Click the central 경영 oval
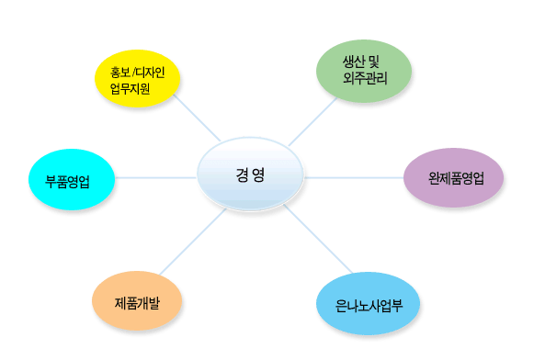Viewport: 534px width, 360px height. click(x=250, y=174)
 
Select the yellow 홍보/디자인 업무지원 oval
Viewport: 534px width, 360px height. click(x=137, y=79)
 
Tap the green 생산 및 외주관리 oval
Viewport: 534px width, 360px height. click(x=364, y=71)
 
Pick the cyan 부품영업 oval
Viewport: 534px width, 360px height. click(x=72, y=179)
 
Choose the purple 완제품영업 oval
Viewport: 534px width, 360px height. click(x=453, y=177)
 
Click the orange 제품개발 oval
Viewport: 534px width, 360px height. click(x=137, y=300)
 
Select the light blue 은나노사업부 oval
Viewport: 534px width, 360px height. click(x=368, y=303)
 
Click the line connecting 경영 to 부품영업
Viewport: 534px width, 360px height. click(x=156, y=177)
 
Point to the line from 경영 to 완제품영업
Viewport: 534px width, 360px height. click(x=354, y=177)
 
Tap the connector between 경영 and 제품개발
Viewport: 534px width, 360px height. click(x=193, y=242)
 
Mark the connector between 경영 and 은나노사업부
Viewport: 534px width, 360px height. click(x=318, y=239)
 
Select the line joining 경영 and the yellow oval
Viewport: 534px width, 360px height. click(x=197, y=118)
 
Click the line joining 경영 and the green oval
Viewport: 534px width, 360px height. click(x=312, y=121)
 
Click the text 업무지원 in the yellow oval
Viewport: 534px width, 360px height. click(x=130, y=88)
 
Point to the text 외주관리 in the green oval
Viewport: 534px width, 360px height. click(x=365, y=78)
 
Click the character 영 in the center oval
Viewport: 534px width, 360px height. click(x=258, y=175)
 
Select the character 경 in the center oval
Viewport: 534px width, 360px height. click(x=242, y=175)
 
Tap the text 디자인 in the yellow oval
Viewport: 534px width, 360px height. click(x=151, y=73)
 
